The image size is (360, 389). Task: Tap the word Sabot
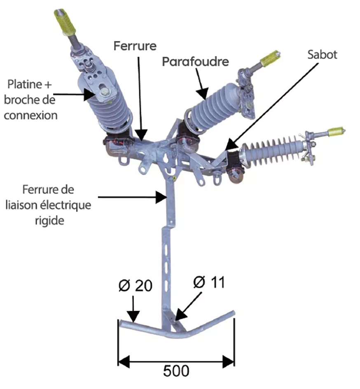(323, 54)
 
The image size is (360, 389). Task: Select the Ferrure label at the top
(135, 45)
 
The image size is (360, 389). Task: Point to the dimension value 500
(176, 370)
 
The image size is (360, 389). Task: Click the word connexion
(31, 115)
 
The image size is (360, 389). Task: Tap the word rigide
(49, 220)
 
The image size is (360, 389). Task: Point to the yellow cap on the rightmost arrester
(336, 131)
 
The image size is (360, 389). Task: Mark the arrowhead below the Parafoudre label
(204, 96)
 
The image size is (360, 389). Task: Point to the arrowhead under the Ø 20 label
(133, 317)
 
